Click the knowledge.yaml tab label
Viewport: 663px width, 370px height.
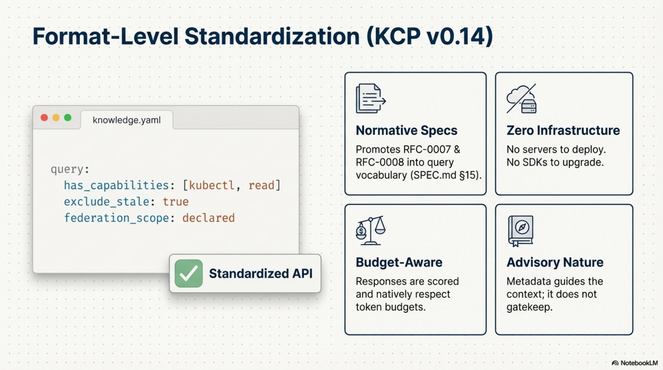(x=127, y=120)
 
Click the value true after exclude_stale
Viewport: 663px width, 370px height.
(x=176, y=202)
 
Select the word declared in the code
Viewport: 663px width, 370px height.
(x=209, y=218)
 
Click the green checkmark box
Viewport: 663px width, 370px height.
(x=188, y=273)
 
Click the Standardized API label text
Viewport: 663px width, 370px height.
(x=260, y=273)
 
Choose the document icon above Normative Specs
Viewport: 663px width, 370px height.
(x=370, y=98)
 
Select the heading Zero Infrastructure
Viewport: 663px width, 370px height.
(x=563, y=130)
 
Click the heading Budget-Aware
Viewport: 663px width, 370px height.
(x=399, y=262)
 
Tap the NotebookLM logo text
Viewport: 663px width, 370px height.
(x=638, y=363)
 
